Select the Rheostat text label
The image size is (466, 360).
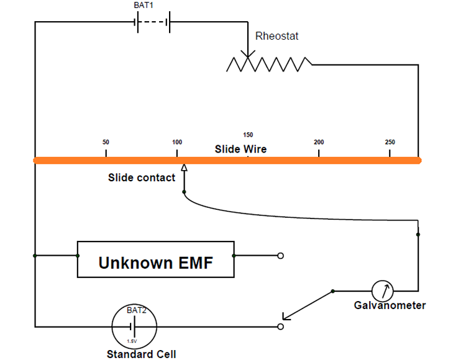(x=276, y=36)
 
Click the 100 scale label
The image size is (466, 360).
(x=177, y=142)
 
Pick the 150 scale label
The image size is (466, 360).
(x=248, y=135)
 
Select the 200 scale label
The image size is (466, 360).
(x=319, y=142)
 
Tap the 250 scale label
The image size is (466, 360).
(x=390, y=142)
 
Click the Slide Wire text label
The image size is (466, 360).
(x=240, y=150)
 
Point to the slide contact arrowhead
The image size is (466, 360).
(x=184, y=168)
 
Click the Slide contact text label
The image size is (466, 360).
(x=142, y=178)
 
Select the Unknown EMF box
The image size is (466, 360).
(x=155, y=259)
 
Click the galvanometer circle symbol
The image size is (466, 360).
(x=383, y=290)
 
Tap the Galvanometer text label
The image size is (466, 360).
(x=390, y=305)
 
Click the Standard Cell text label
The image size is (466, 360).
(x=141, y=354)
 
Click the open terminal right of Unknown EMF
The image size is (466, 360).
(x=280, y=255)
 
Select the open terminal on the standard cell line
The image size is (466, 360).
(x=280, y=326)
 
